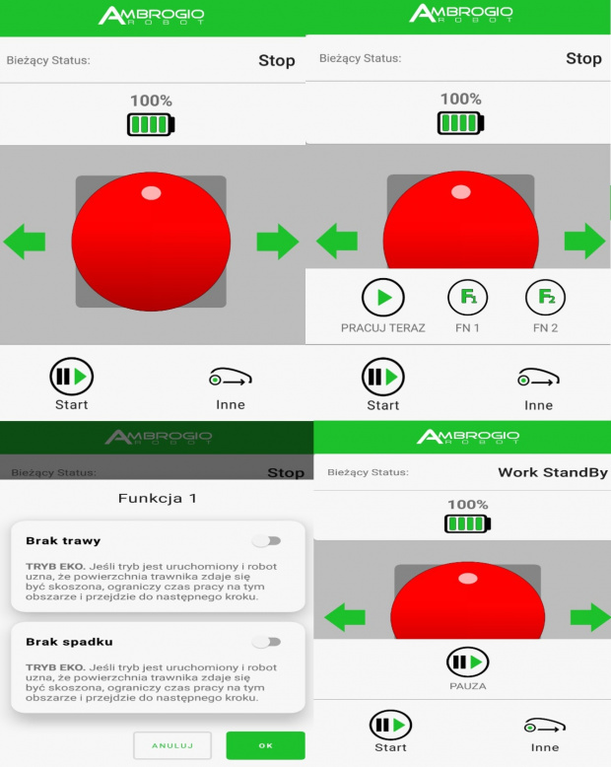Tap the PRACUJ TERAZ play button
[x=382, y=298]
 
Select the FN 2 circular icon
[x=545, y=298]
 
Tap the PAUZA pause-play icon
[x=467, y=662]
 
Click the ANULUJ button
[x=172, y=745]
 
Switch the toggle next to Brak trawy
[x=266, y=540]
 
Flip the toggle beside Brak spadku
[x=266, y=641]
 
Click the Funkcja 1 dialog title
[x=157, y=498]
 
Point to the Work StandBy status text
[x=553, y=472]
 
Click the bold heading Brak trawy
[x=63, y=540]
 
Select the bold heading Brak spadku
[x=69, y=641]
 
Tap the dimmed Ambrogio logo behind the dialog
[x=159, y=437]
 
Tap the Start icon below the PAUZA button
[x=390, y=725]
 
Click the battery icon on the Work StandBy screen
[x=467, y=523]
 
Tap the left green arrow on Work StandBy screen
[x=345, y=617]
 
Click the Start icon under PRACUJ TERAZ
[x=382, y=377]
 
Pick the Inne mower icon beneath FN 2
[x=538, y=378]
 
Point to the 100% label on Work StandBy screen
[x=468, y=505]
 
